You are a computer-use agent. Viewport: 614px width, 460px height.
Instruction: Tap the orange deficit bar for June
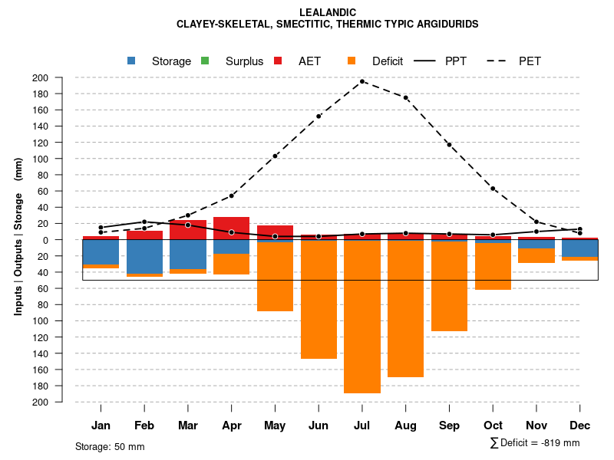pos(319,299)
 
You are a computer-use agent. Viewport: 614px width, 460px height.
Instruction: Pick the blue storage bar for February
pos(144,257)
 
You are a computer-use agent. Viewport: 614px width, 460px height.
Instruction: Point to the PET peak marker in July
pos(362,81)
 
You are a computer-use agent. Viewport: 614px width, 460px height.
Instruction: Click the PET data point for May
pos(275,156)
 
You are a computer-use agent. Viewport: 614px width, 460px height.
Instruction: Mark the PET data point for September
pos(449,144)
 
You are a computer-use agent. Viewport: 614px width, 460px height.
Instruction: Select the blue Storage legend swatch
pos(132,61)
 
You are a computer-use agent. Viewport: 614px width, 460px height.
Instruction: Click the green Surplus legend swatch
pos(205,61)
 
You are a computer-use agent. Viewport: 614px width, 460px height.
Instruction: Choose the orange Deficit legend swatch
pos(352,61)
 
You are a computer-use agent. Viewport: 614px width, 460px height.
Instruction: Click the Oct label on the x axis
pos(493,426)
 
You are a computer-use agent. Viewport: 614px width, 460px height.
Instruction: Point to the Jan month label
pos(101,426)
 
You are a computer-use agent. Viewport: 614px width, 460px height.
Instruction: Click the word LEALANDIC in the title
pos(327,13)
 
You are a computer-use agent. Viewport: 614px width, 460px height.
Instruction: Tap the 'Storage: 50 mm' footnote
pos(110,446)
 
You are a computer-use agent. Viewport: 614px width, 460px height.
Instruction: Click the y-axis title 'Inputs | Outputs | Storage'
pos(18,236)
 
